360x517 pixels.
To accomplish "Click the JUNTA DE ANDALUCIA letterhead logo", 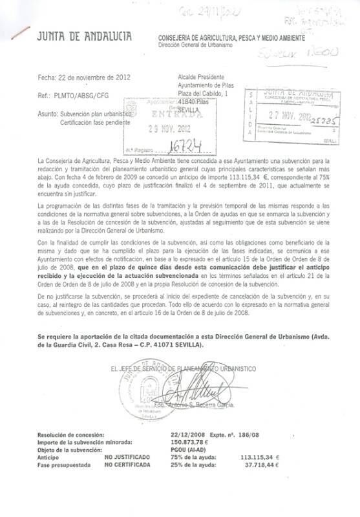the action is pyautogui.click(x=83, y=37).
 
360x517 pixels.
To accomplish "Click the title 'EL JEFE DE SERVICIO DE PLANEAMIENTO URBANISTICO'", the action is pyautogui.click(x=183, y=368).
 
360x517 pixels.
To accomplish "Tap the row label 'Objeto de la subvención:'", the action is pyautogui.click(x=70, y=450).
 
